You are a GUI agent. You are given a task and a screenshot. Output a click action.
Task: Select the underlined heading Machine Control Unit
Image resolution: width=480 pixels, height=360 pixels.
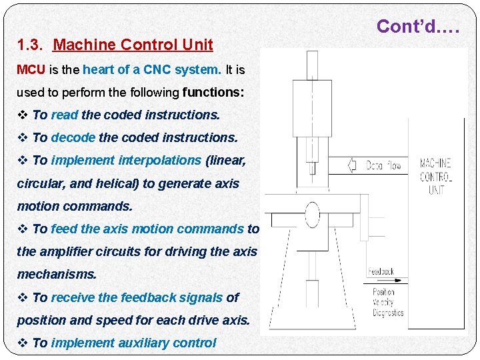point(133,45)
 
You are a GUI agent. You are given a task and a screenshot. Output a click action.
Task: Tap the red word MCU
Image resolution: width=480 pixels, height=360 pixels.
point(31,69)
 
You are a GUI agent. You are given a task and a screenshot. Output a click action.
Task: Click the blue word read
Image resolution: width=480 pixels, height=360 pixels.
point(65,115)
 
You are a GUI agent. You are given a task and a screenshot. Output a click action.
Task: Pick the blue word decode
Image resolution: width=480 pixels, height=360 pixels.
point(73,137)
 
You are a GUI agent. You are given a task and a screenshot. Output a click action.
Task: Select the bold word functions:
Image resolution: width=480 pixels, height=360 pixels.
point(213,92)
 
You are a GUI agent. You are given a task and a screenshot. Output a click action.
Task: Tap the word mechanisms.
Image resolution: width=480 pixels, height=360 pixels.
point(57,274)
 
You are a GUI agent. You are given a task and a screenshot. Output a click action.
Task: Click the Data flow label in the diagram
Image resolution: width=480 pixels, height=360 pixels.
point(383,165)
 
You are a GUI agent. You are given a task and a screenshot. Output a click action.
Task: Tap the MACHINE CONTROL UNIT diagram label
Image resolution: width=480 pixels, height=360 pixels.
point(435,176)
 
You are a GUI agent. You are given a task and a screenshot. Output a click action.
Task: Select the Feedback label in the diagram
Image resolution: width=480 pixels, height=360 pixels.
point(381,272)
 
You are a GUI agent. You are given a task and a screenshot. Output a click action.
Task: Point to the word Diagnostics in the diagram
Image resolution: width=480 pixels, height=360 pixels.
point(389,313)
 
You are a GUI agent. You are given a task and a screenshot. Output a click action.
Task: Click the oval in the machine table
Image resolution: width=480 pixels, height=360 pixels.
point(312,215)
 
